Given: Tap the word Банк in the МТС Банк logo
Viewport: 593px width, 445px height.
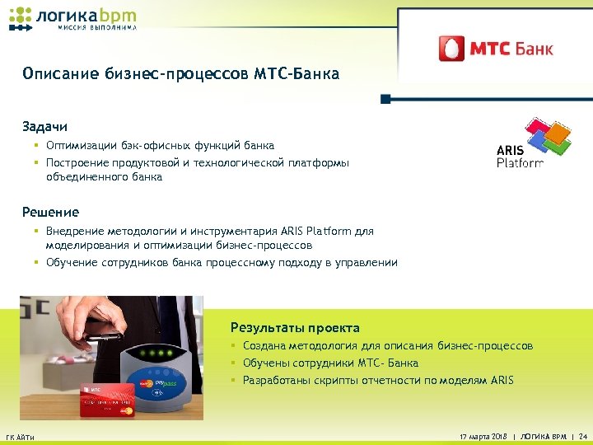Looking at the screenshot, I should (x=534, y=48).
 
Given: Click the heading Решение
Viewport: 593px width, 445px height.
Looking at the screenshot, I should (x=51, y=212).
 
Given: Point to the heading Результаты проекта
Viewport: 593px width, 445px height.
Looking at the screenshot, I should (x=295, y=327).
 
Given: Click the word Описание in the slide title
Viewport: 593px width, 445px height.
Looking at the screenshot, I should (x=60, y=74).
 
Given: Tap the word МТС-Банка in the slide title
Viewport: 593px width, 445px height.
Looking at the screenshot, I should (x=297, y=74).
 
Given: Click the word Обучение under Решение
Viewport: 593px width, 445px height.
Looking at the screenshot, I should (x=73, y=263).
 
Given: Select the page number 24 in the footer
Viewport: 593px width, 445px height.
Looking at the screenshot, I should (x=583, y=435).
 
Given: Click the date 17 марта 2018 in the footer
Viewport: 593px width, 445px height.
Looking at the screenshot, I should (x=481, y=435).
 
